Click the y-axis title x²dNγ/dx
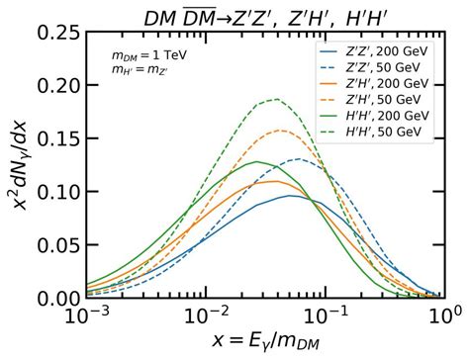pyautogui.click(x=19, y=163)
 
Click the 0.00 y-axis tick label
pyautogui.click(x=55, y=298)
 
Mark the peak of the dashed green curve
pyautogui.click(x=274, y=99)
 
